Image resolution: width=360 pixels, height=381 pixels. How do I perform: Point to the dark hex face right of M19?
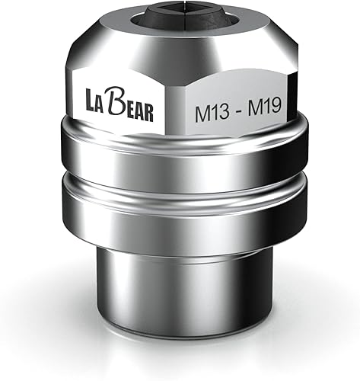(295, 107)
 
